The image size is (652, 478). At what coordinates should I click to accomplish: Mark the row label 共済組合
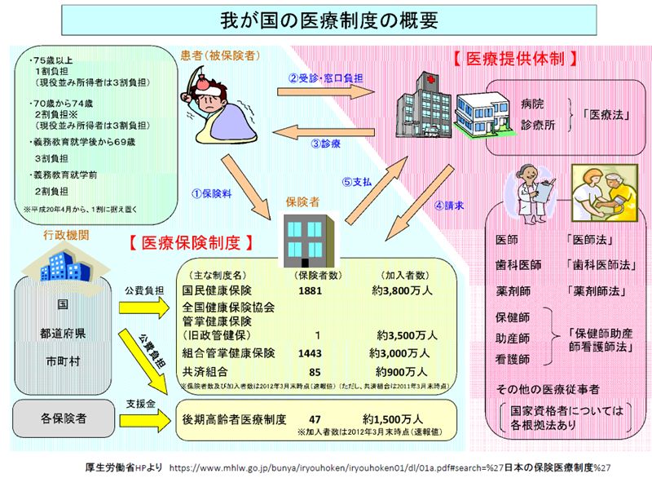coord(205,370)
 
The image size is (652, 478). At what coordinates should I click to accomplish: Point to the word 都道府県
coord(62,334)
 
